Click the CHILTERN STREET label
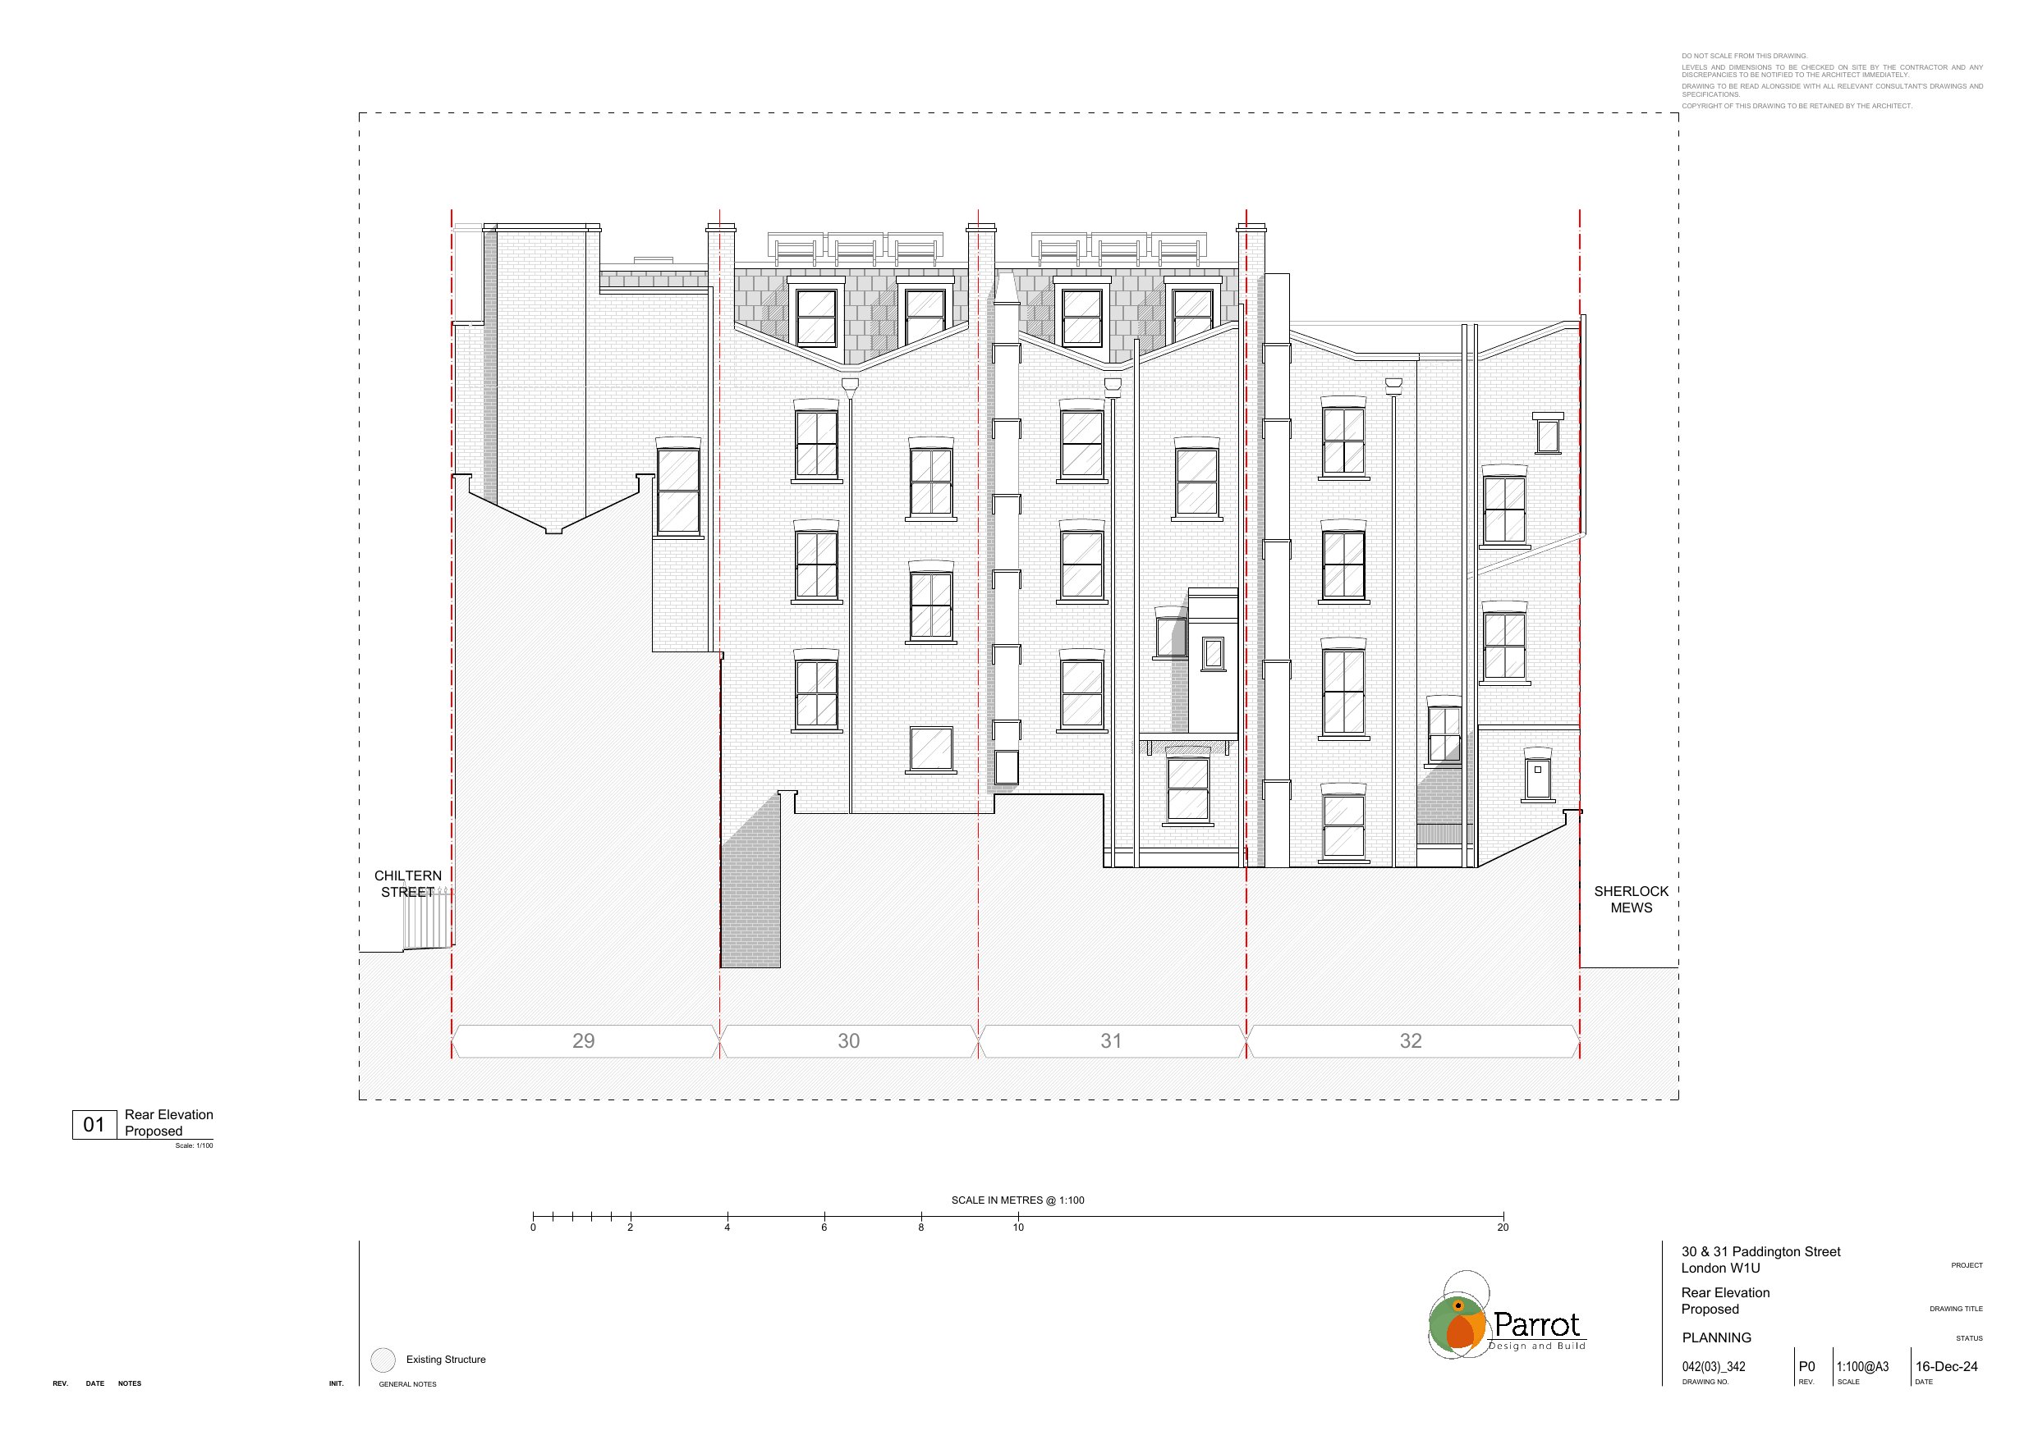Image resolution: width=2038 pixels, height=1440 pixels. click(x=407, y=884)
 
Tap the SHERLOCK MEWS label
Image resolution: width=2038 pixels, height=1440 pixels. click(x=1632, y=898)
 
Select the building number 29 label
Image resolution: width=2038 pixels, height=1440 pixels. click(x=583, y=1040)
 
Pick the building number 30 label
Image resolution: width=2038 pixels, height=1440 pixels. click(x=848, y=1040)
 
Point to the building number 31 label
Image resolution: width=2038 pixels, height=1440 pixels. click(x=1111, y=1040)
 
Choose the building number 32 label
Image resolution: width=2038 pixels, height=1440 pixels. click(x=1411, y=1040)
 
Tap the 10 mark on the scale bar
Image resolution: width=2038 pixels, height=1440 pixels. click(x=1018, y=1227)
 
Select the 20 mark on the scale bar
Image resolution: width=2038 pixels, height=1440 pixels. click(x=1503, y=1227)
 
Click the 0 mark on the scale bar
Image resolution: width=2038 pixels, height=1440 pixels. click(x=533, y=1227)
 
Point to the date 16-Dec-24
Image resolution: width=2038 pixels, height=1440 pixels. click(x=1947, y=1366)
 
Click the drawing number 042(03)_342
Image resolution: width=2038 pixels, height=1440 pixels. click(x=1713, y=1366)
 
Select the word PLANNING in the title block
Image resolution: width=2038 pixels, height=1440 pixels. click(x=1717, y=1337)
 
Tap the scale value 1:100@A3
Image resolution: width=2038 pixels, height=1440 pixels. click(x=1862, y=1366)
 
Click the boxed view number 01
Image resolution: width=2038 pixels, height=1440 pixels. click(x=94, y=1125)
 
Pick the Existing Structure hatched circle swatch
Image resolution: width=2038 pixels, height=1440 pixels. click(x=383, y=1360)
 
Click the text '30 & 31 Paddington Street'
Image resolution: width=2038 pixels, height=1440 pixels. click(x=1761, y=1251)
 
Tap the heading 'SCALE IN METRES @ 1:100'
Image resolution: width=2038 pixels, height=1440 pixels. click(x=1018, y=1200)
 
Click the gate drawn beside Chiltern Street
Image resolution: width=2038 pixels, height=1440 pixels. click(x=427, y=919)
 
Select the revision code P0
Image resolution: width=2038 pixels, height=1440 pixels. click(x=1806, y=1366)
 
